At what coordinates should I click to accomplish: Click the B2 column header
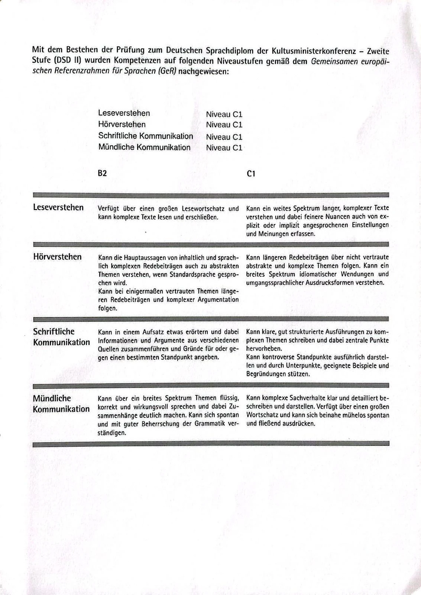(x=102, y=173)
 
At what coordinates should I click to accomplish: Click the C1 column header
(x=251, y=174)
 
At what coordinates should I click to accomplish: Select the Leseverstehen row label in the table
(x=58, y=207)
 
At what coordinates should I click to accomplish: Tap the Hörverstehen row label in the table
(x=57, y=257)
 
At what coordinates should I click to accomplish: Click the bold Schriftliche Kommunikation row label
(x=61, y=337)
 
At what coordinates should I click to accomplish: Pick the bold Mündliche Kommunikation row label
(x=61, y=404)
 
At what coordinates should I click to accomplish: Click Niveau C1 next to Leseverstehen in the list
(x=224, y=115)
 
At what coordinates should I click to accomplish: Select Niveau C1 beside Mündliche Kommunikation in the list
(x=224, y=148)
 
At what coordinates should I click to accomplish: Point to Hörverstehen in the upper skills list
(x=122, y=124)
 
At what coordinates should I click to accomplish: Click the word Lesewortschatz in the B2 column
(x=204, y=209)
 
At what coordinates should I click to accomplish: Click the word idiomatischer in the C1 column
(x=318, y=274)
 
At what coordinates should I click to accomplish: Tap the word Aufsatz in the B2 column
(x=154, y=332)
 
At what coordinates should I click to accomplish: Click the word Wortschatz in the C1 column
(x=263, y=415)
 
